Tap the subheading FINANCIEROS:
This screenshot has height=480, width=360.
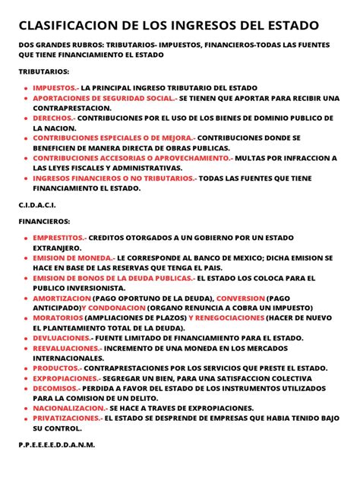(44, 220)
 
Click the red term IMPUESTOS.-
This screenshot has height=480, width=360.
(55, 89)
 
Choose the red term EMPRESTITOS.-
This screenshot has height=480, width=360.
(60, 238)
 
